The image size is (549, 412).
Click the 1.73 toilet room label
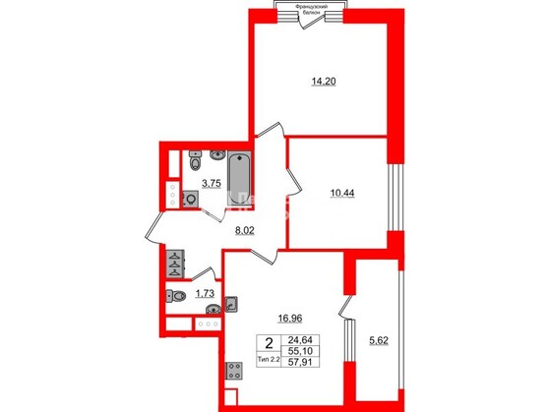(x=205, y=294)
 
